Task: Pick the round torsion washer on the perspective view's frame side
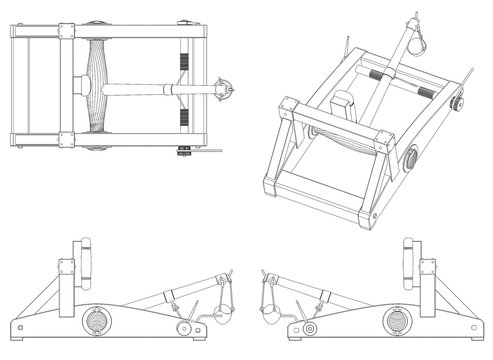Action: [x=411, y=159]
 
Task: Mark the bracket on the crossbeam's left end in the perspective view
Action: [x=288, y=107]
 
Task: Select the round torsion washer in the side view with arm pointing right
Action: [x=98, y=319]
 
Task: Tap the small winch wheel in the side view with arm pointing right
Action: [x=183, y=328]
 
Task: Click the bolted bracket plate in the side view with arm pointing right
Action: [x=67, y=268]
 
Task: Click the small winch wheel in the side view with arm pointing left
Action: [x=309, y=328]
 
